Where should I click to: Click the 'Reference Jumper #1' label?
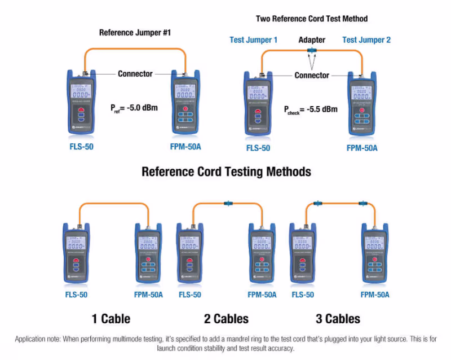pos(135,33)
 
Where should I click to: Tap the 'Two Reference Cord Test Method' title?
pos(311,19)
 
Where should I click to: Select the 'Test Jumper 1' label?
pos(254,40)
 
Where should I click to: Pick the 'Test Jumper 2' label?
pos(366,40)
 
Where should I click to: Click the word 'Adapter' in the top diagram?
pos(312,40)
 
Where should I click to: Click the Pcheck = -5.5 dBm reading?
pos(311,109)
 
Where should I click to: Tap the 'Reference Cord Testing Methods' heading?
pos(226,171)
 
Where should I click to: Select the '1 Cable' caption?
pos(111,319)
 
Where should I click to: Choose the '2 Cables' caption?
pos(226,319)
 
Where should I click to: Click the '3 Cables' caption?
pos(338,319)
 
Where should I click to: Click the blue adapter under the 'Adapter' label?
pos(311,51)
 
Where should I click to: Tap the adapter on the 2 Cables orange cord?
pos(229,202)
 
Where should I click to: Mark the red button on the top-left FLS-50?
pos(82,111)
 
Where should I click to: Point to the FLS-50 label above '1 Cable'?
pos(76,295)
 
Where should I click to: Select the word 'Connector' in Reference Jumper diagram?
pos(135,73)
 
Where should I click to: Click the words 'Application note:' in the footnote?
pos(38,339)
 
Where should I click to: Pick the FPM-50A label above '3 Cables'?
pos(375,295)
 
